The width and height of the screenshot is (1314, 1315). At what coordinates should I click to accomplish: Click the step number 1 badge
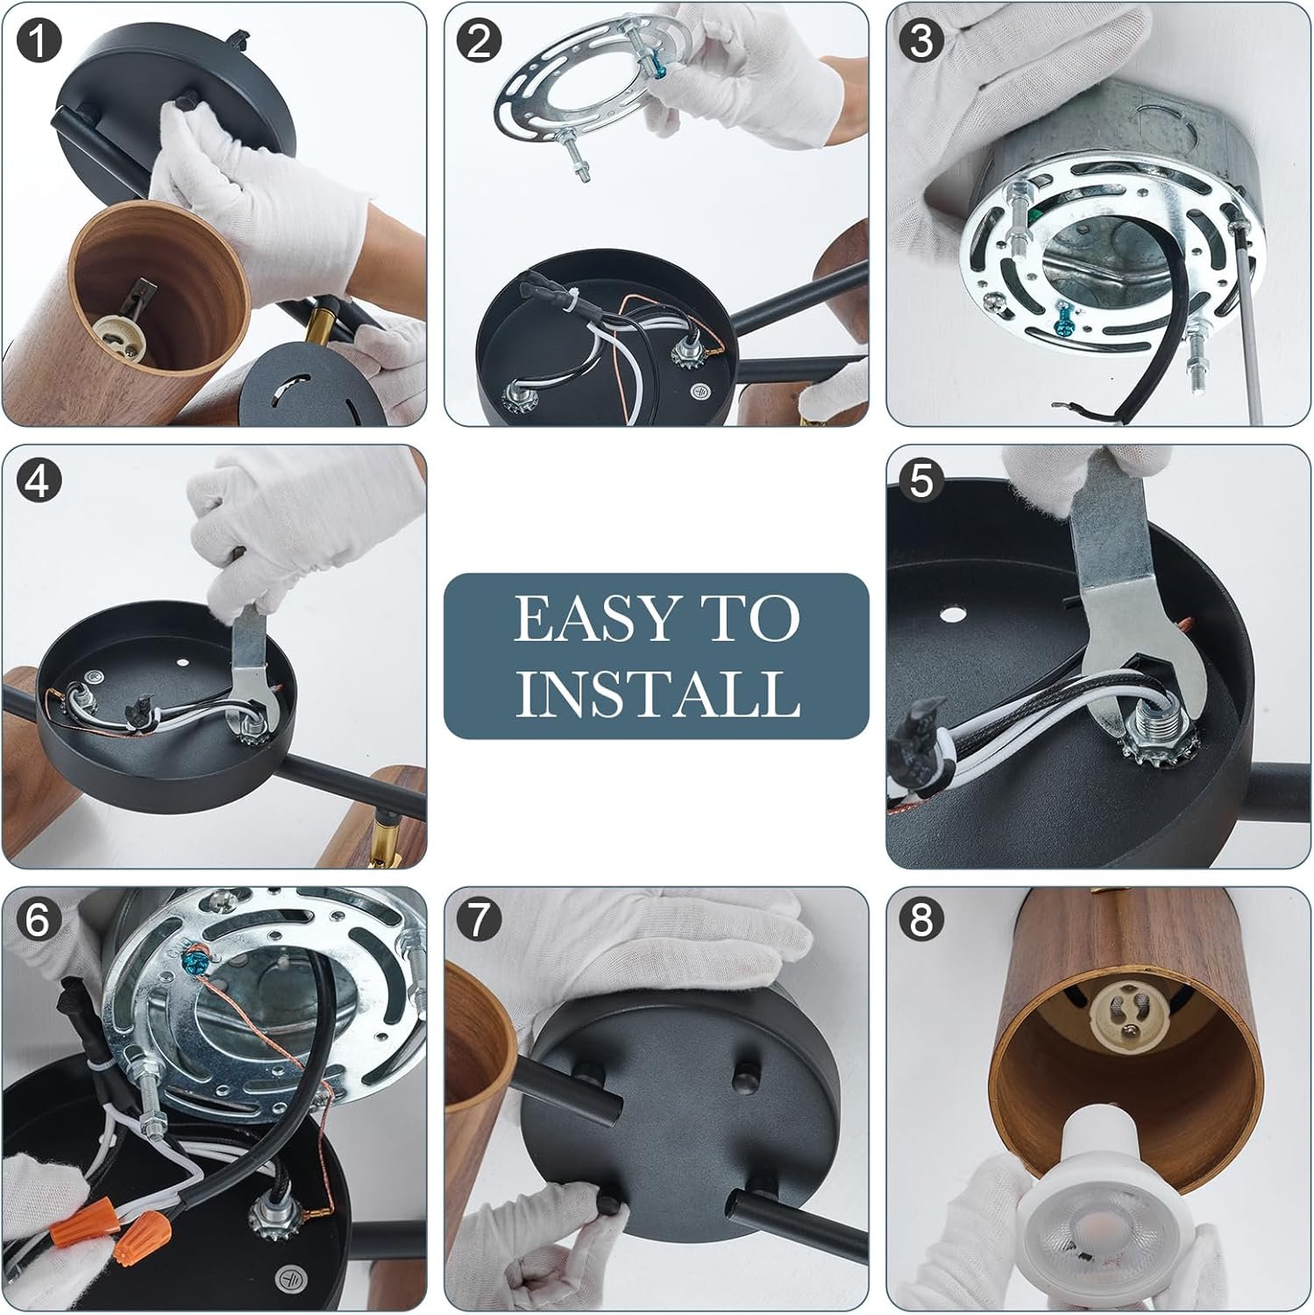pos(39,41)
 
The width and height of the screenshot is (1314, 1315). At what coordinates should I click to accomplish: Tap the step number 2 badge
pos(479,41)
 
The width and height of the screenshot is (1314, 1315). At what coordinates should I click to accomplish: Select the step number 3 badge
pos(921,41)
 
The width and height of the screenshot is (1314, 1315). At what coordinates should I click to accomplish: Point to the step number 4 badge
pos(39,481)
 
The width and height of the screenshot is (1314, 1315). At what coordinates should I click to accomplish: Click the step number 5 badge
pos(921,481)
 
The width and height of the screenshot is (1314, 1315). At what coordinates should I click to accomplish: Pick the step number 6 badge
pos(39,920)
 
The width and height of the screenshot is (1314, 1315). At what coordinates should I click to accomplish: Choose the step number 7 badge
pos(479,920)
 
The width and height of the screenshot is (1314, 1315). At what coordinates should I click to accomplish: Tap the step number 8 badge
pos(921,920)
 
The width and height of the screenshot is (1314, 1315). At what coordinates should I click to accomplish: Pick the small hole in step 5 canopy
pos(949,616)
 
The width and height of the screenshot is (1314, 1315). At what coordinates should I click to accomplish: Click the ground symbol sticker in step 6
pos(287,1277)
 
